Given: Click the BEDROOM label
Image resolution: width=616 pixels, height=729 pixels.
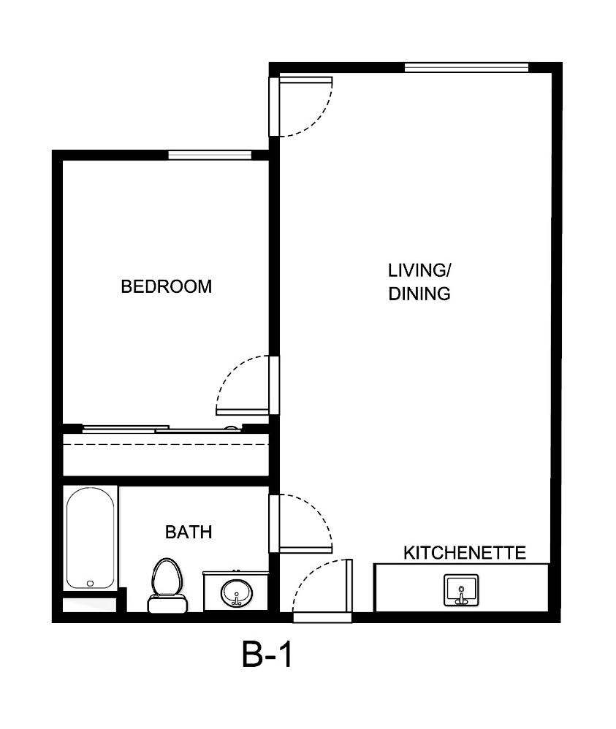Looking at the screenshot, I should pos(166,286).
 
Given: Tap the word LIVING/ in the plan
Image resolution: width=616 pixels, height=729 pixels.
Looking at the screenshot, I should pos(419,270).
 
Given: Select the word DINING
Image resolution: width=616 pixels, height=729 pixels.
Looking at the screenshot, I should pos(419,294).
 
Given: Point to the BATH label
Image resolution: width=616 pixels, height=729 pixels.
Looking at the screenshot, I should pos(189,533).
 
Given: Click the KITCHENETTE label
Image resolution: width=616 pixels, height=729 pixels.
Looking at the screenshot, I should pos(465,553).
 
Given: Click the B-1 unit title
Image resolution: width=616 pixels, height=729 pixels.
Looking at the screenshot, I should pos(267,655).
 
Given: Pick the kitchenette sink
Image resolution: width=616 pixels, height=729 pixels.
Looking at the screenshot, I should pos(460,589).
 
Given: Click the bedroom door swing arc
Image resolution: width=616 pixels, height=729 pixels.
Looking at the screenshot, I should pos(232,380).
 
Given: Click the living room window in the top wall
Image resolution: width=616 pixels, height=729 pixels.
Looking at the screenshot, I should pos(466,68).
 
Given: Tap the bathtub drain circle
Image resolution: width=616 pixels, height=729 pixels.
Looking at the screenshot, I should pos(91,583).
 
